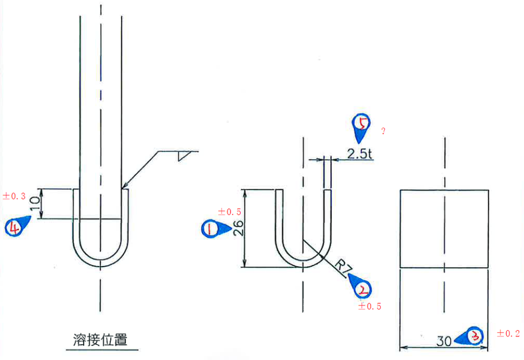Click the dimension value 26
[x=238, y=228]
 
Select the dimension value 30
[x=444, y=341]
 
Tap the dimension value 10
[x=35, y=203]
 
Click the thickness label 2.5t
[x=360, y=154]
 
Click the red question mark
[x=383, y=131]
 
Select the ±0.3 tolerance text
[x=14, y=196]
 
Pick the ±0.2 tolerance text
[x=508, y=333]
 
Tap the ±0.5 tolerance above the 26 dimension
[x=229, y=211]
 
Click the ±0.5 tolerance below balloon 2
[x=369, y=306]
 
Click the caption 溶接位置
[x=100, y=340]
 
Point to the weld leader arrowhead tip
[x=123, y=188]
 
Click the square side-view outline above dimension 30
[x=444, y=228]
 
